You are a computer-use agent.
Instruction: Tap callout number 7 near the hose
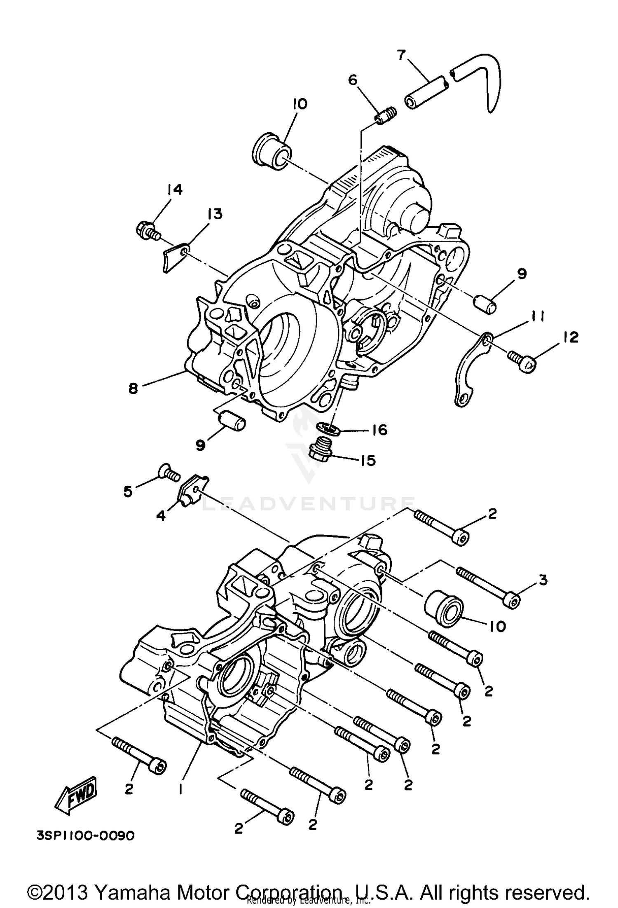click(401, 55)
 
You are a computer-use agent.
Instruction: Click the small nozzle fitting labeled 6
click(386, 116)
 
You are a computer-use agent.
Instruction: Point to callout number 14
click(174, 190)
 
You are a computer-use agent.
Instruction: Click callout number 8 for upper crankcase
click(133, 388)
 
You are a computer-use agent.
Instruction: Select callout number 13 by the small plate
click(215, 214)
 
